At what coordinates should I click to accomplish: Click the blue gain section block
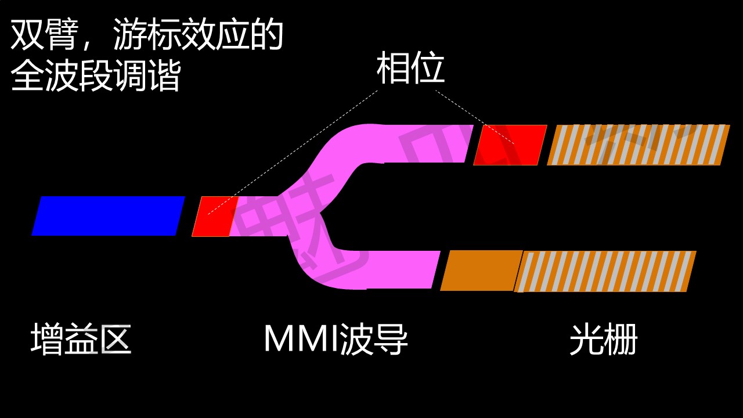(109, 216)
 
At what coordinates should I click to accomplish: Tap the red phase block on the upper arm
(510, 145)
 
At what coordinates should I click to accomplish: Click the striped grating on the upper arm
(639, 145)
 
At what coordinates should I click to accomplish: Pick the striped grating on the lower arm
(607, 271)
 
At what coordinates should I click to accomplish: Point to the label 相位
(410, 69)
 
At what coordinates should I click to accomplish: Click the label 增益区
(81, 339)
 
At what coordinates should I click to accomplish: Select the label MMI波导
(336, 339)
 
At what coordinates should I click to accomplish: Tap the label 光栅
(604, 339)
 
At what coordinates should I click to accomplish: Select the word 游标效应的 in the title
(198, 36)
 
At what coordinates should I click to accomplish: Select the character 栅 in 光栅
(621, 339)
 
